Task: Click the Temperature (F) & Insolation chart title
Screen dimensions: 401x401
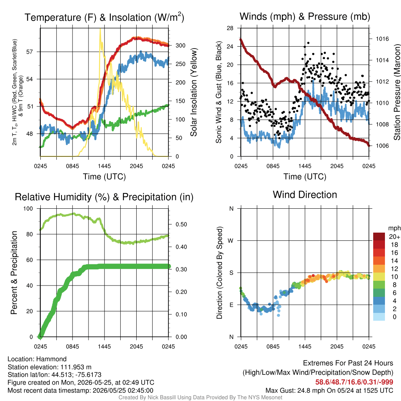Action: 104,17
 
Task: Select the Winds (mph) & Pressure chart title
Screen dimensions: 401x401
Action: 305,16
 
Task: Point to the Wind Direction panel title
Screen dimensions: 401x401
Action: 305,195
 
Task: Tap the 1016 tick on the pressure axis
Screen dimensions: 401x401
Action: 382,39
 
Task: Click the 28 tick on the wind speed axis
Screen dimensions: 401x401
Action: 230,28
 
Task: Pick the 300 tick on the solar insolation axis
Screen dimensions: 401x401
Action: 180,45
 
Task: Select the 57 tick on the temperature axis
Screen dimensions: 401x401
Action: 30,52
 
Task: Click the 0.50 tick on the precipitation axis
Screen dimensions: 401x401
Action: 181,224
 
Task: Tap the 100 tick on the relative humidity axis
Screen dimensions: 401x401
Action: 28,209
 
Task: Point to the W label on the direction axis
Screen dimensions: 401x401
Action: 231,241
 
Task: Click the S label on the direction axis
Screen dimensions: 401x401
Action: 231,273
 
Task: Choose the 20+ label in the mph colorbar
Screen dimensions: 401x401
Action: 394,237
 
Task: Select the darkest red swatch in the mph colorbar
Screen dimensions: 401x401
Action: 379,237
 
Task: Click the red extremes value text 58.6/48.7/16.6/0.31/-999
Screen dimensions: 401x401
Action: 354,382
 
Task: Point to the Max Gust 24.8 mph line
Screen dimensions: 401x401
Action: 329,390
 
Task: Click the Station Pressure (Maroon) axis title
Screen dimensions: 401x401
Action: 397,92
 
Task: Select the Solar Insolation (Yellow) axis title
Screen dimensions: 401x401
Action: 193,92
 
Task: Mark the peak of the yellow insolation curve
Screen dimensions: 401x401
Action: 100,29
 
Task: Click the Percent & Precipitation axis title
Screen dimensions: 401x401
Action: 14,273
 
